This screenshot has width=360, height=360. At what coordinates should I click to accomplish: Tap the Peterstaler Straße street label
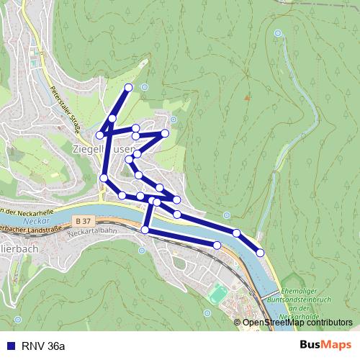point(66,109)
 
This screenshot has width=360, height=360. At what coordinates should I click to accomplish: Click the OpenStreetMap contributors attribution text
point(297,323)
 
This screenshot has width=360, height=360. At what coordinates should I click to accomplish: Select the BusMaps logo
point(327,346)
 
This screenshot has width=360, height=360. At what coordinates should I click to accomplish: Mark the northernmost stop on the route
point(129,87)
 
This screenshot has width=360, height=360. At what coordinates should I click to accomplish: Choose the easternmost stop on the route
point(260,251)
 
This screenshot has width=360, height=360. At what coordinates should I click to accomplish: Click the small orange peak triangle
point(246,96)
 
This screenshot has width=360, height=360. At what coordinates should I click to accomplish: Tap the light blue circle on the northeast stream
point(278,33)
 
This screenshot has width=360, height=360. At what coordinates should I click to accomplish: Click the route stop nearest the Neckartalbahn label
point(145,230)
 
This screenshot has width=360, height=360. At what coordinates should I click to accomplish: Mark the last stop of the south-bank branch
point(217,246)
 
